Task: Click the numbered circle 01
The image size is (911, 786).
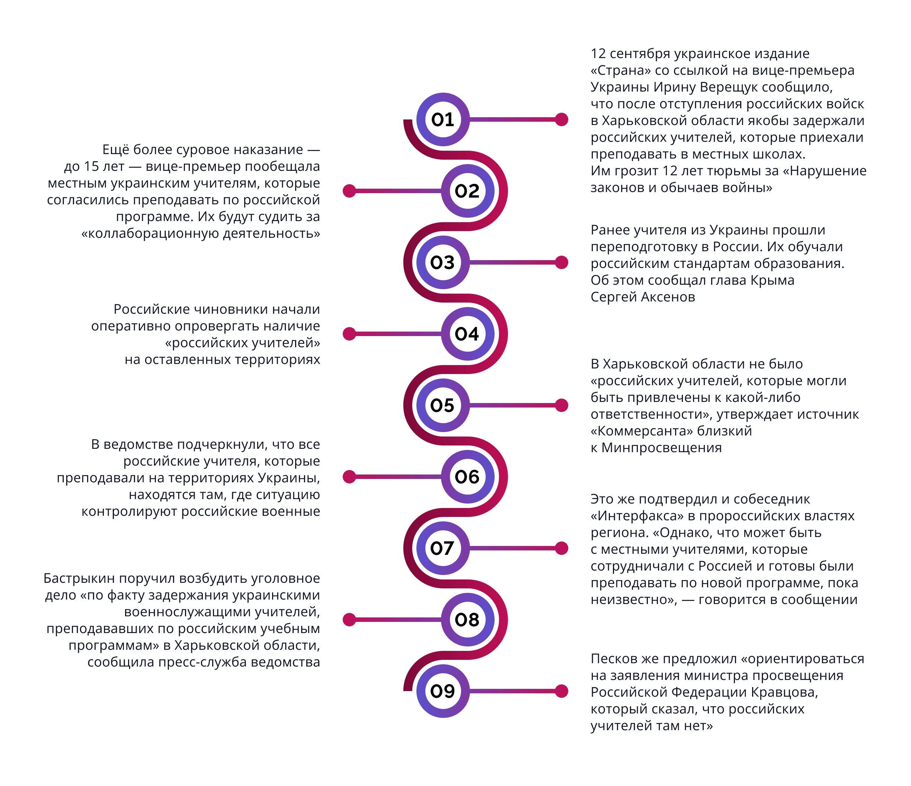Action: pyautogui.click(x=443, y=119)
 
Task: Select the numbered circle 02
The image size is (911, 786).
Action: pyautogui.click(x=468, y=191)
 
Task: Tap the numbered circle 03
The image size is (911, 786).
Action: pyautogui.click(x=443, y=262)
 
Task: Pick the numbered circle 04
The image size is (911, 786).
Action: pyautogui.click(x=468, y=334)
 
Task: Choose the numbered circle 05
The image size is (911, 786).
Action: pyautogui.click(x=443, y=405)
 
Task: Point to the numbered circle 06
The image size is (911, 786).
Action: pyautogui.click(x=468, y=476)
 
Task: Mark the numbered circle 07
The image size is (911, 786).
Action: pyautogui.click(x=443, y=548)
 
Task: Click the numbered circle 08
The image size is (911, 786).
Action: pyautogui.click(x=468, y=619)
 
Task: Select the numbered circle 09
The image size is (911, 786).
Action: pyautogui.click(x=443, y=691)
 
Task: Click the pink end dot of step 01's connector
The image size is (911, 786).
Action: pyautogui.click(x=562, y=119)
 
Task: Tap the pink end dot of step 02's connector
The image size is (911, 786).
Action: pyautogui.click(x=349, y=191)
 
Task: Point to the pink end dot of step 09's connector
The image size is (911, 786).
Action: pyautogui.click(x=562, y=691)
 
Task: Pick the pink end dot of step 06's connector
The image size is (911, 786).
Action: pyautogui.click(x=349, y=476)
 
